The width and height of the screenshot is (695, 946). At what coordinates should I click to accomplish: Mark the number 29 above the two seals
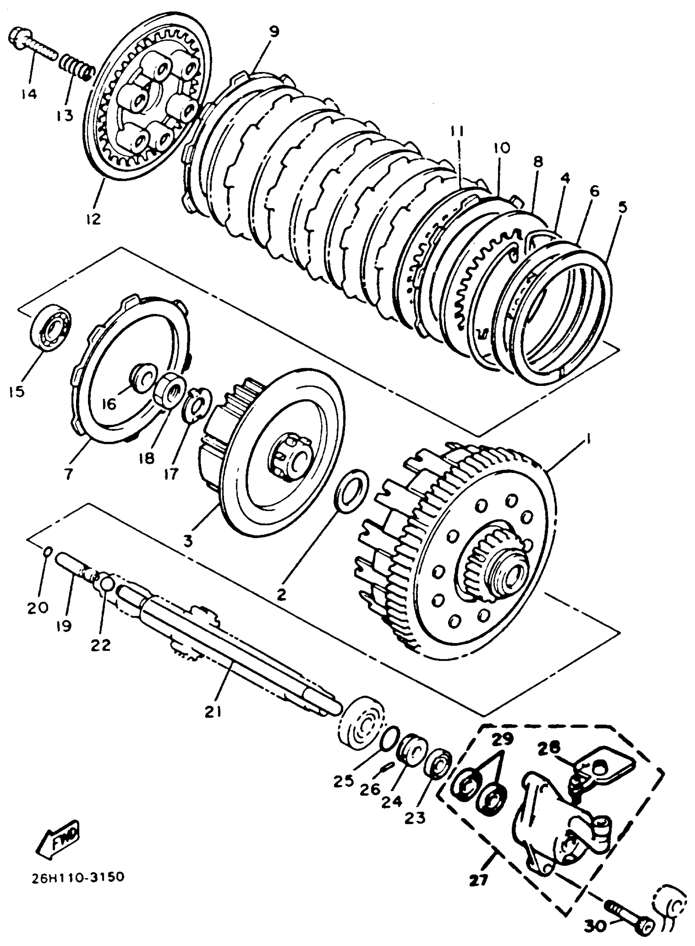(x=505, y=738)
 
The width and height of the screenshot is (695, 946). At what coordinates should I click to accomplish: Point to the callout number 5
(x=622, y=206)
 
